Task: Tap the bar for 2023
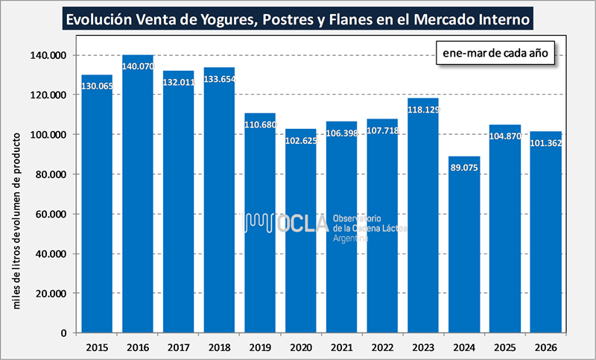pyautogui.click(x=422, y=216)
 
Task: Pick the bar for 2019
pyautogui.click(x=260, y=224)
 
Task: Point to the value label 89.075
pyautogui.click(x=463, y=168)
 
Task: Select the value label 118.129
pyautogui.click(x=422, y=110)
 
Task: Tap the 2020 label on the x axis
pyautogui.click(x=300, y=347)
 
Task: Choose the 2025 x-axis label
pyautogui.click(x=504, y=347)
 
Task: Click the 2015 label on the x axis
pyautogui.click(x=97, y=347)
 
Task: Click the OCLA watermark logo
pyautogui.click(x=287, y=222)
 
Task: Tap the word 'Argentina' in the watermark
pyautogui.click(x=352, y=238)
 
